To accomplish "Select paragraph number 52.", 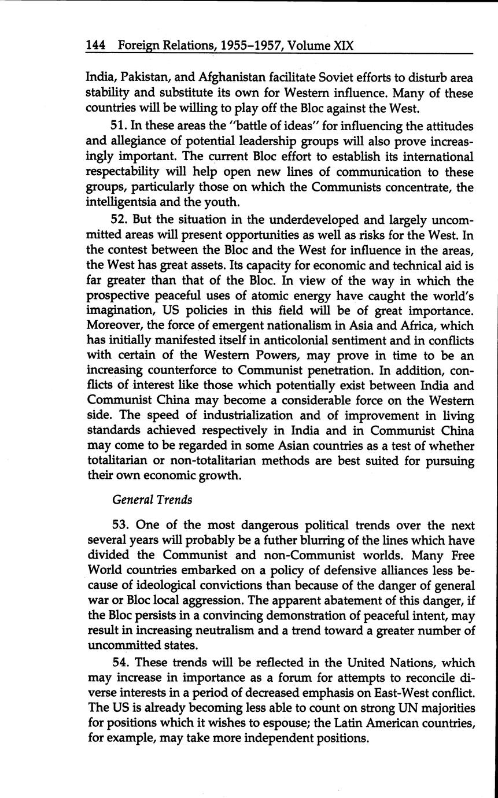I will [x=120, y=220].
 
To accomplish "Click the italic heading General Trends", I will [x=152, y=500].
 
